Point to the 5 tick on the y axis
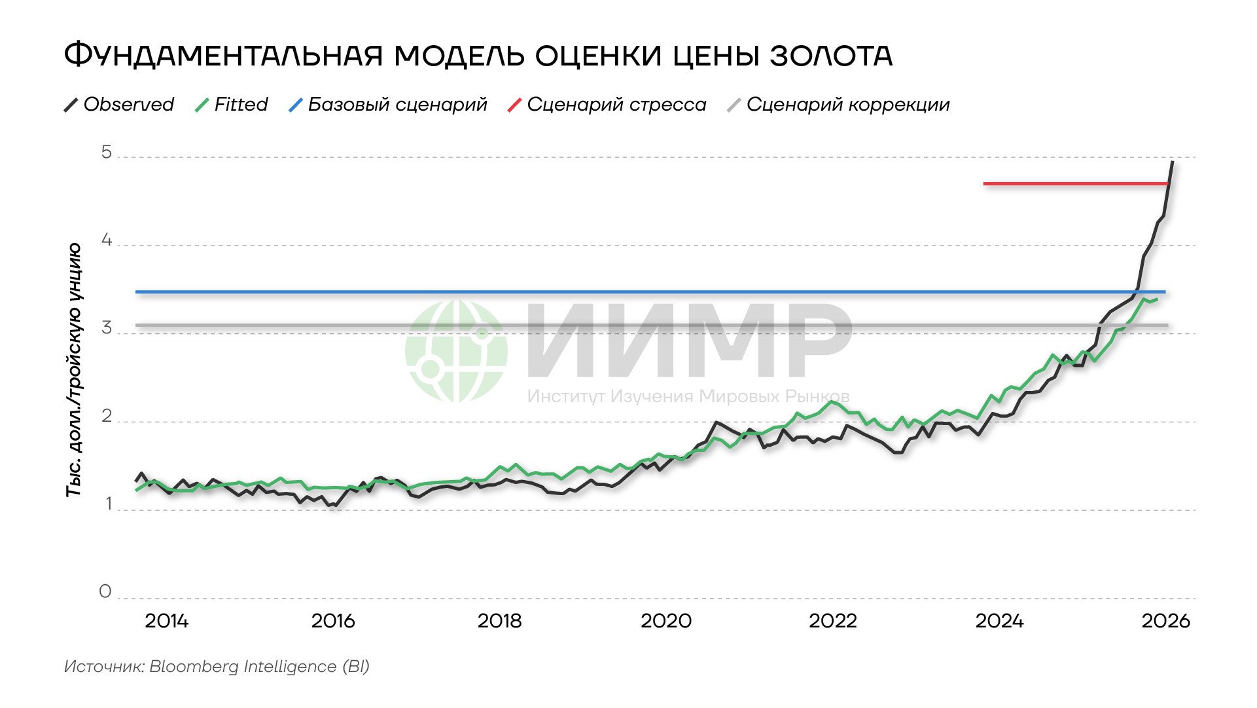point(106,153)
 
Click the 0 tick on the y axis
point(105,592)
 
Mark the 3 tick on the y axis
point(106,329)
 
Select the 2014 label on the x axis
point(166,621)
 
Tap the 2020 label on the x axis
point(665,621)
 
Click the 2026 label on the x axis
point(1165,621)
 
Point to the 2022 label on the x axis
point(832,621)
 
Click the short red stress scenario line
point(1073,184)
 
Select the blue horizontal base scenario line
point(589,291)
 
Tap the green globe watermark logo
point(456,351)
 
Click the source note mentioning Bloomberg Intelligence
point(217,667)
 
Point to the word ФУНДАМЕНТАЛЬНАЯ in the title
point(223,56)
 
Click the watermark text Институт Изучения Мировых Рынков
point(688,396)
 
